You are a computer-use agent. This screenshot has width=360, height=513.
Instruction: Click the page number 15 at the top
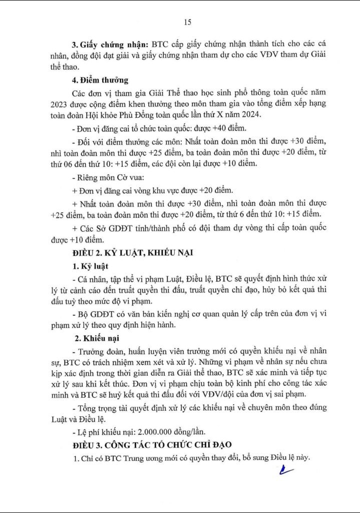pyautogui.click(x=187, y=22)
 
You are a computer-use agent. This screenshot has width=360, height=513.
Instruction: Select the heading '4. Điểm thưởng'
pyautogui.click(x=100, y=80)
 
